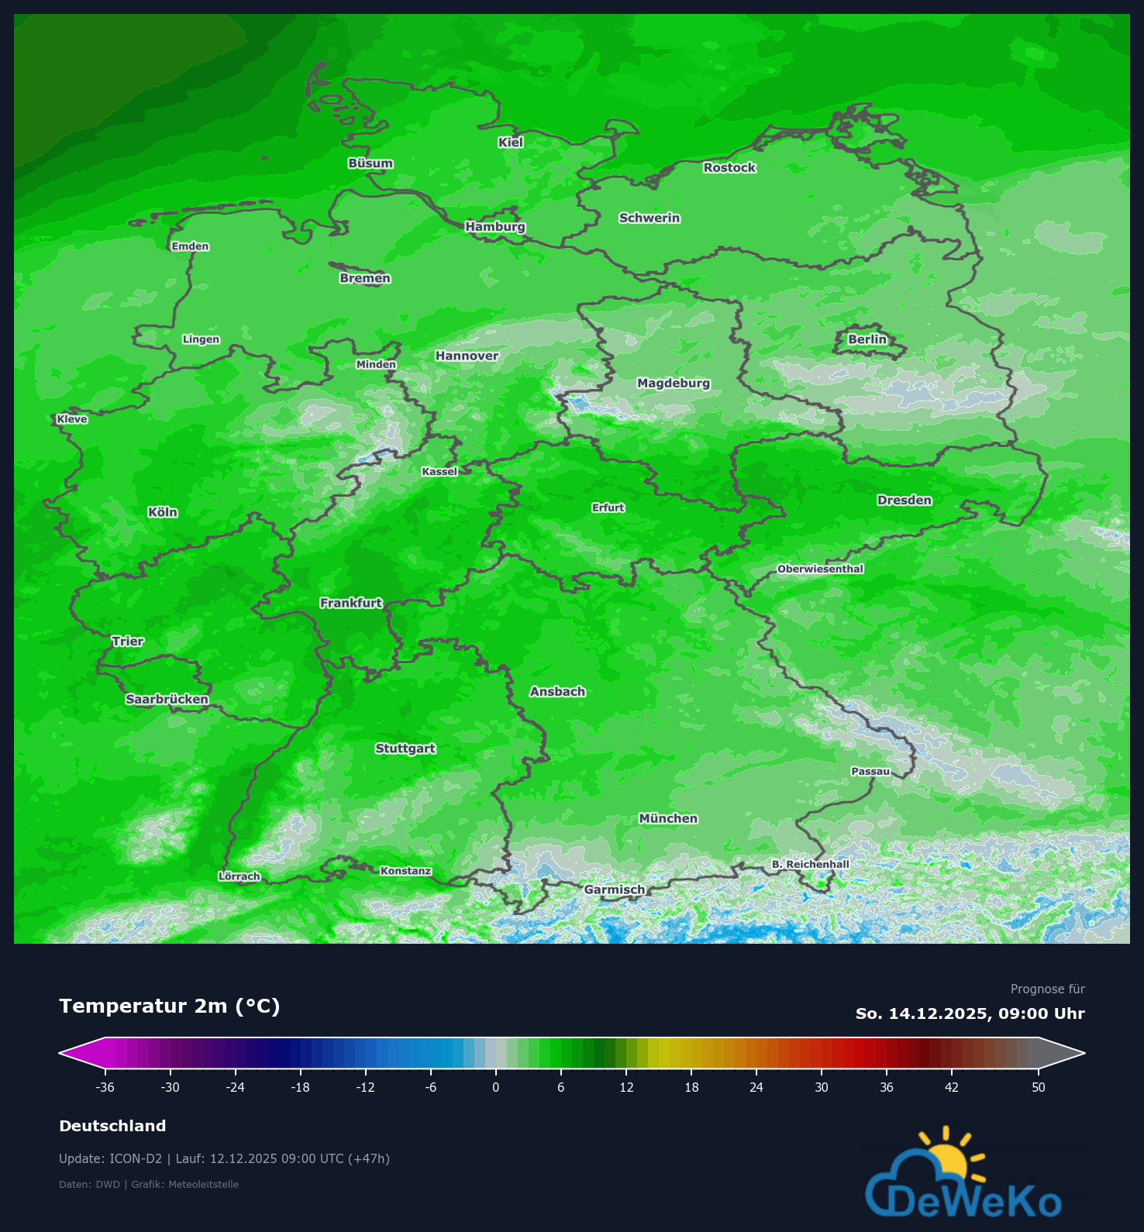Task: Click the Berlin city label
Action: click(867, 339)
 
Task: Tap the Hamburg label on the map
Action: click(495, 226)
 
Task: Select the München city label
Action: click(668, 818)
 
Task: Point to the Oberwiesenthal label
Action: click(820, 569)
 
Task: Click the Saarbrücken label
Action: click(167, 699)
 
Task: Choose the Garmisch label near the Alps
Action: click(614, 890)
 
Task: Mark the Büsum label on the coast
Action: click(370, 163)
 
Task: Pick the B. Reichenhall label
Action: click(810, 864)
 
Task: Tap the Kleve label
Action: click(72, 419)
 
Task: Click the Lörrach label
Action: click(239, 876)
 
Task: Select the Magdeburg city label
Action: click(673, 383)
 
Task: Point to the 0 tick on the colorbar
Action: click(496, 1087)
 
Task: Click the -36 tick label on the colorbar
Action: click(105, 1087)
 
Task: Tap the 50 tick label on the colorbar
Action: click(1038, 1087)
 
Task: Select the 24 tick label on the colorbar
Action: click(756, 1087)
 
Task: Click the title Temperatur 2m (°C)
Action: click(169, 1006)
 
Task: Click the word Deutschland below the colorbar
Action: click(112, 1126)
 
